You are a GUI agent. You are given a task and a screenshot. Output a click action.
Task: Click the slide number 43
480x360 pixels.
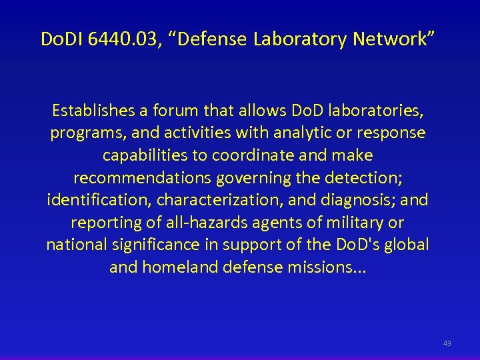[x=447, y=343]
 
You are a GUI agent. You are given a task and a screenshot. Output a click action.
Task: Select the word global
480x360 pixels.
[x=409, y=245]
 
